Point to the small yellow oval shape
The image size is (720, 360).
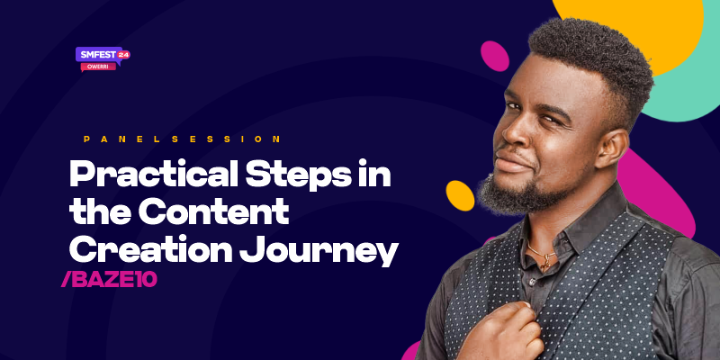point(460,195)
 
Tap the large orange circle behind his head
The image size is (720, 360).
point(630,22)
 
